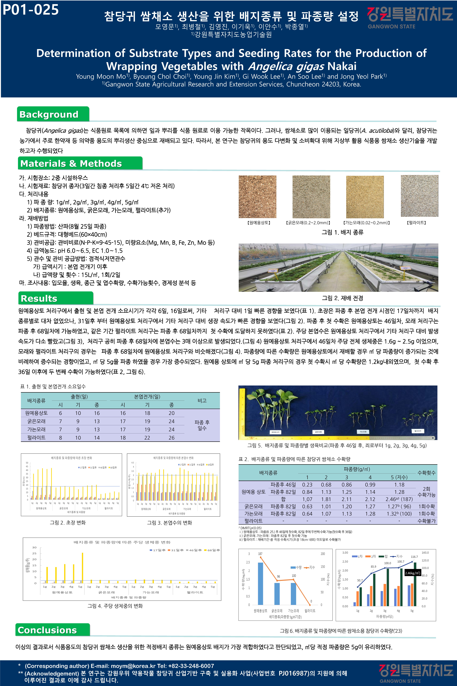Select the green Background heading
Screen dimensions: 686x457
tap(49, 114)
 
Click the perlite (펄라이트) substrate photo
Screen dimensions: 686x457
tap(419, 196)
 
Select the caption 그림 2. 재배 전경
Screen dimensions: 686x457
tap(342, 298)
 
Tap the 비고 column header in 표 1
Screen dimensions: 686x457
tap(202, 400)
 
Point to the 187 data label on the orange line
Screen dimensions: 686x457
tap(260, 554)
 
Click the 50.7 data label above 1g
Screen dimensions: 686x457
tap(360, 580)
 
